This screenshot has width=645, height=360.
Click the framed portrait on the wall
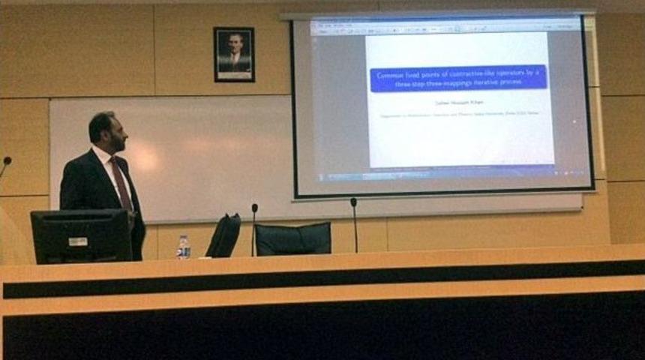pos(233,54)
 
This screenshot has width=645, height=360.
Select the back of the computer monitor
pos(81,235)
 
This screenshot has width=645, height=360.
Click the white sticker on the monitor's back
pos(78,241)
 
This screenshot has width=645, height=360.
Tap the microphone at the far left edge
pos(6,161)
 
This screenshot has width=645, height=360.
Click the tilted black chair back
pos(223,235)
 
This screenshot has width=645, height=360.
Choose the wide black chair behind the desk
pos(292,238)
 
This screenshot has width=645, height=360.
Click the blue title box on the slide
pos(458,78)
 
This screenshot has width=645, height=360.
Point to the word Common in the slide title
pos(391,73)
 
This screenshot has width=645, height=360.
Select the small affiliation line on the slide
pos(458,113)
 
